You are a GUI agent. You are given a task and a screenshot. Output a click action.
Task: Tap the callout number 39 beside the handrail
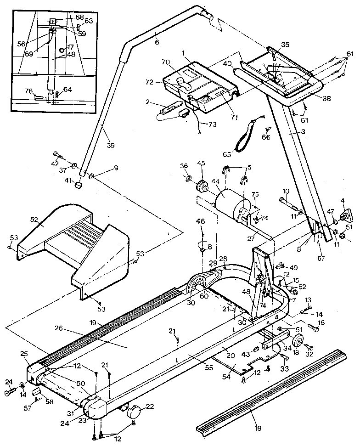coord(110,145)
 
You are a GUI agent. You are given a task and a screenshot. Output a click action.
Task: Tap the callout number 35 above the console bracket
coord(285,45)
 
